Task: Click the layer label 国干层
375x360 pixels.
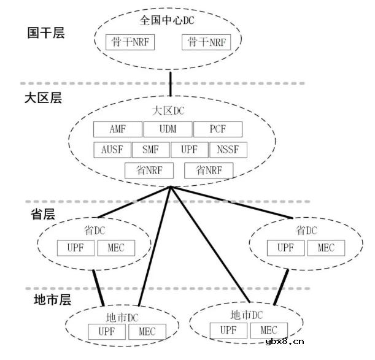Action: point(45,33)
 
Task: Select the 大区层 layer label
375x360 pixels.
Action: point(43,98)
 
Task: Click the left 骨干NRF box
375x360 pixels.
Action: point(131,42)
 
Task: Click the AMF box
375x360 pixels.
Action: point(117,129)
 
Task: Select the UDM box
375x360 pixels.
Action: point(167,129)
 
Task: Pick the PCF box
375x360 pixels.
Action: point(217,129)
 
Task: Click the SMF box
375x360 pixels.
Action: point(150,150)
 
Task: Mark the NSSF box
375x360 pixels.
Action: point(228,150)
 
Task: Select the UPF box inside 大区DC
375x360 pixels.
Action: point(189,150)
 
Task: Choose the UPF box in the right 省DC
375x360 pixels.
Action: point(285,248)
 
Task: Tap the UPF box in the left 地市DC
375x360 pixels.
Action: point(107,332)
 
